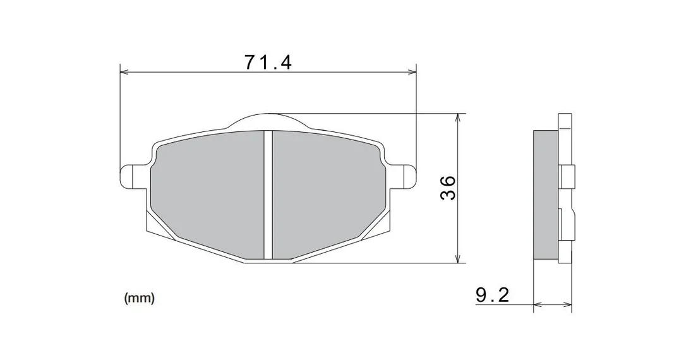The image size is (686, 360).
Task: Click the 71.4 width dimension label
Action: [x=268, y=62]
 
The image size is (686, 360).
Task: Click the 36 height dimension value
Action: [x=448, y=188]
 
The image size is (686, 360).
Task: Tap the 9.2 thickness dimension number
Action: [x=493, y=295]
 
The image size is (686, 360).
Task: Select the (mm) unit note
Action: [x=140, y=298]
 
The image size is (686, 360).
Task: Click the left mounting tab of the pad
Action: [x=133, y=176]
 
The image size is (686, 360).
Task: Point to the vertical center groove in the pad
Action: [x=268, y=195]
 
